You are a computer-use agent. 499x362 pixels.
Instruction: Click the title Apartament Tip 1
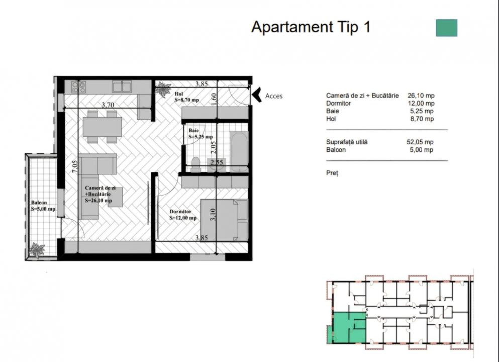(311, 27)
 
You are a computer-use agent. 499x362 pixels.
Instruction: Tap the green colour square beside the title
(447, 28)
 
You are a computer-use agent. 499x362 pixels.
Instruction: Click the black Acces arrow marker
(257, 95)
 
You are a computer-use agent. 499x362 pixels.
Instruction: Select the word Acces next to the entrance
(274, 96)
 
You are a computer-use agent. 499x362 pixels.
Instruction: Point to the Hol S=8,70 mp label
(186, 97)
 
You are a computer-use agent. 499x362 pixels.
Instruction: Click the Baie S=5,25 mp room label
(200, 133)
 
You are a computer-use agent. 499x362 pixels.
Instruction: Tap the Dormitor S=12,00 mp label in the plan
(183, 215)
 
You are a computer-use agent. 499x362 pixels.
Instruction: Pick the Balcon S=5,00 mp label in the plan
(43, 206)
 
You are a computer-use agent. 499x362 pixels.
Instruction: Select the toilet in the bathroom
(195, 164)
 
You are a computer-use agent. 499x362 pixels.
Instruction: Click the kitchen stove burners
(78, 87)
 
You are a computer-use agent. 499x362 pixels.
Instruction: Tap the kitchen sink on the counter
(122, 86)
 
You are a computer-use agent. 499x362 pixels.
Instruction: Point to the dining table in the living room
(102, 127)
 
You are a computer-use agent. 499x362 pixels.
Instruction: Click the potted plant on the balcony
(37, 249)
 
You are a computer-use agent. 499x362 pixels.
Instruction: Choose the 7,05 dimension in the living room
(74, 167)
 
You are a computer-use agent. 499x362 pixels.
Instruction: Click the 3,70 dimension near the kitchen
(108, 105)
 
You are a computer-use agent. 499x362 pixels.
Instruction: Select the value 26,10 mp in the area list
(421, 96)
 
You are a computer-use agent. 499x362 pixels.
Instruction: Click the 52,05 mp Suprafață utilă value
(420, 142)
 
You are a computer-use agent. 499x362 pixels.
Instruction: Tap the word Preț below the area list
(332, 173)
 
